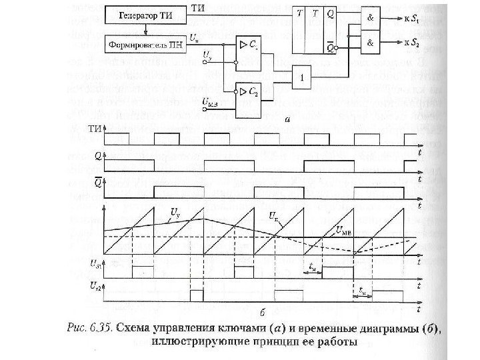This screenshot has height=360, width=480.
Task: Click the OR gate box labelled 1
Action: (305, 77)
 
